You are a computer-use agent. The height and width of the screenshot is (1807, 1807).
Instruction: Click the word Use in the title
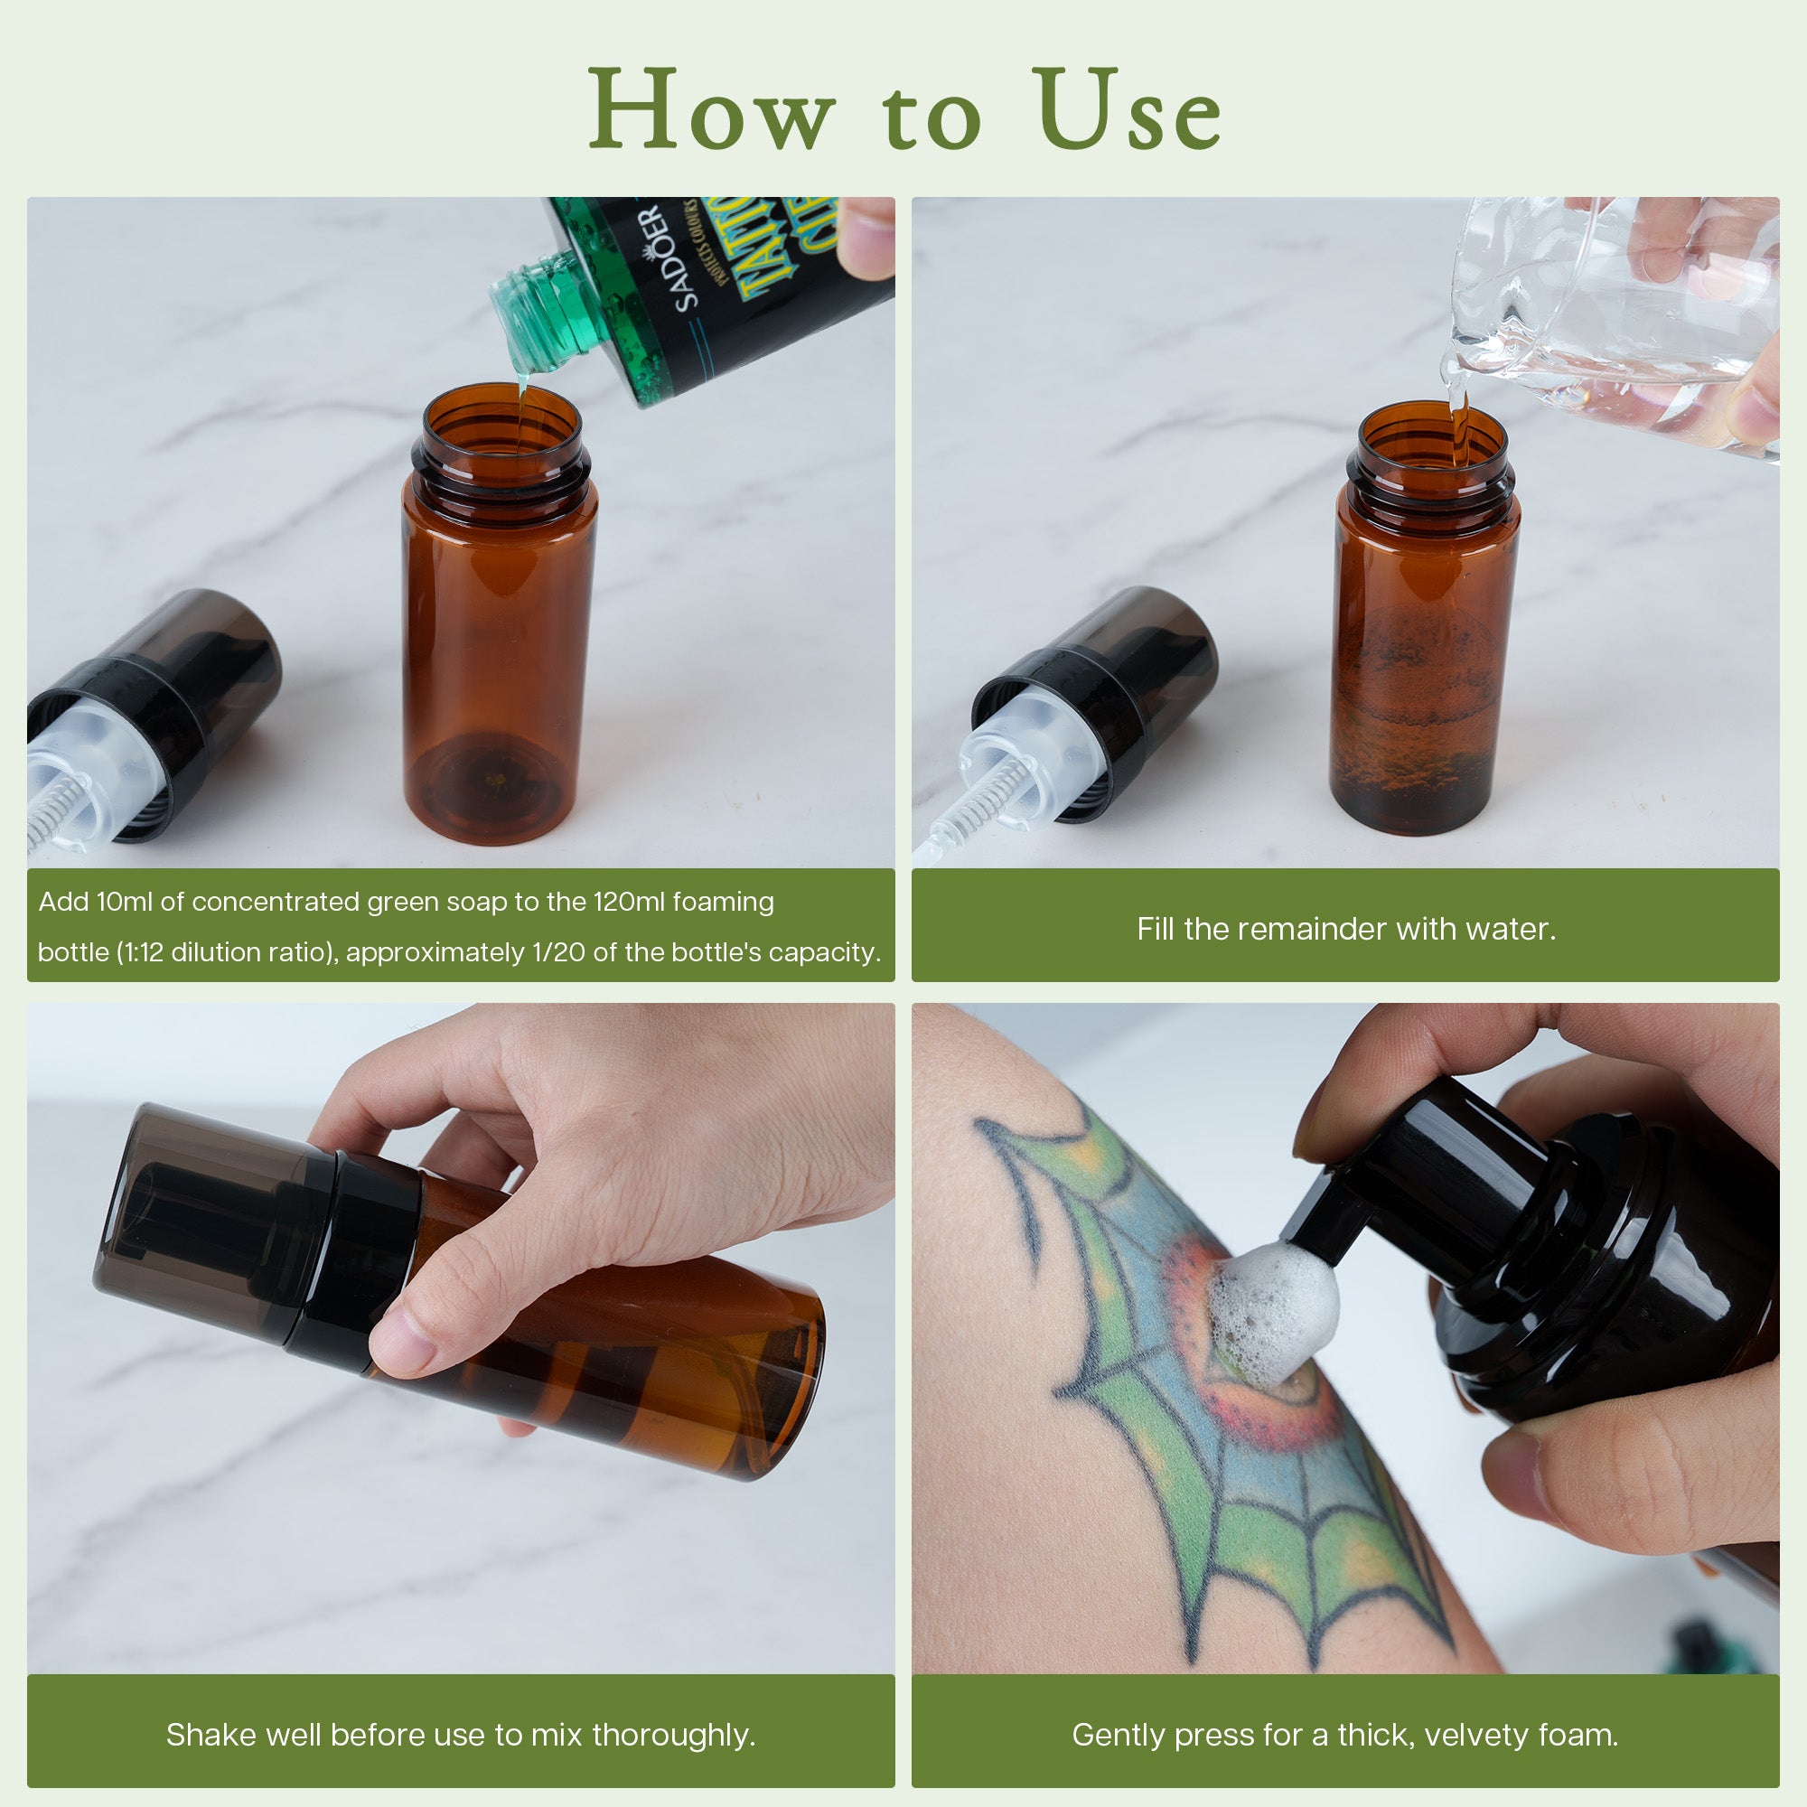[1127, 110]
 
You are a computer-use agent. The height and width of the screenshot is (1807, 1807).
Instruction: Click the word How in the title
[711, 110]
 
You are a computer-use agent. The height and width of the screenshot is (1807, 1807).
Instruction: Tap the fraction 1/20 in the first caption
[558, 952]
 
